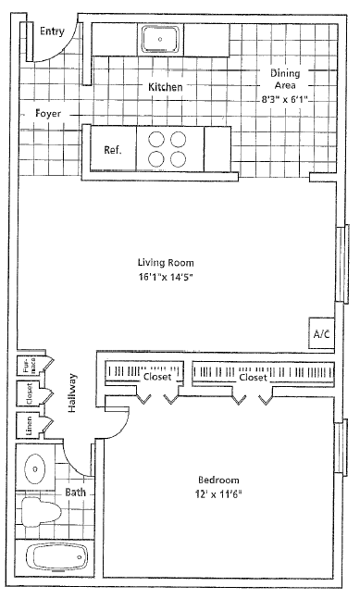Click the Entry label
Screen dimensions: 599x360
click(x=54, y=31)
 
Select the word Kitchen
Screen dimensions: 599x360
click(x=166, y=87)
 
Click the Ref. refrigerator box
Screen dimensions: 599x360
click(x=114, y=150)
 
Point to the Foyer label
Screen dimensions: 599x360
click(x=48, y=114)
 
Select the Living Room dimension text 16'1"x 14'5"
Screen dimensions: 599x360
click(x=166, y=276)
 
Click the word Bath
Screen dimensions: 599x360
click(x=76, y=493)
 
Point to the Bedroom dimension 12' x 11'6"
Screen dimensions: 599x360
click(x=218, y=495)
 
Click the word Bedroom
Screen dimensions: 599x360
click(x=218, y=480)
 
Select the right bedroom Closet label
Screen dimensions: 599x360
click(x=253, y=377)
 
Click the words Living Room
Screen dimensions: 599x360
click(x=166, y=262)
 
